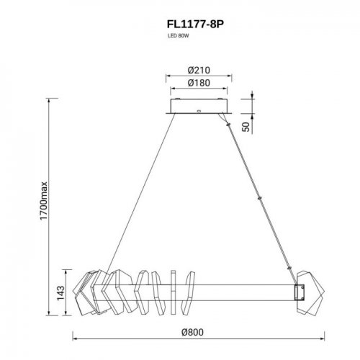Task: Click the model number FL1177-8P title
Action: click(x=195, y=24)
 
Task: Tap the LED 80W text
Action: click(x=178, y=36)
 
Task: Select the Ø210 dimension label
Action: click(x=199, y=70)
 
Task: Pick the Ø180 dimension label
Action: click(x=199, y=83)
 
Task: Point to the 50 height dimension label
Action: click(x=246, y=127)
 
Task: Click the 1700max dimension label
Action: click(x=43, y=201)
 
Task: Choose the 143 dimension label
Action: click(x=60, y=293)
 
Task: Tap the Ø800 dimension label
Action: click(x=192, y=332)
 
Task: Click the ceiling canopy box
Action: click(x=199, y=106)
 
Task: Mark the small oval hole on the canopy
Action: click(x=199, y=111)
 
